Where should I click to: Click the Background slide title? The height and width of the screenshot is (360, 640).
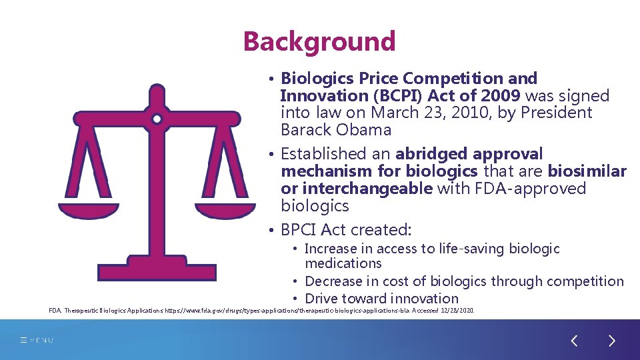pos(319,41)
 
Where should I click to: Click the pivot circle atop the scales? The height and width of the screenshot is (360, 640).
pos(157,120)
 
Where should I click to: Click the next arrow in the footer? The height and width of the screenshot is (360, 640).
pos(612,341)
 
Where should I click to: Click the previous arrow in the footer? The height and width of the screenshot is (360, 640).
pos(574,341)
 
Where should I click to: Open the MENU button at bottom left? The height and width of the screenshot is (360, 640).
pos(37,341)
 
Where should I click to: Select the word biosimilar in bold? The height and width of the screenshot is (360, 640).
pos(587,172)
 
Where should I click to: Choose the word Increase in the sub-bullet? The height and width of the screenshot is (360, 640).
pos(331,249)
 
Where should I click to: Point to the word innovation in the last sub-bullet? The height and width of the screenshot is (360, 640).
pos(425,299)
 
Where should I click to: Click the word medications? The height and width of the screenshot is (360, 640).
pos(343,263)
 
